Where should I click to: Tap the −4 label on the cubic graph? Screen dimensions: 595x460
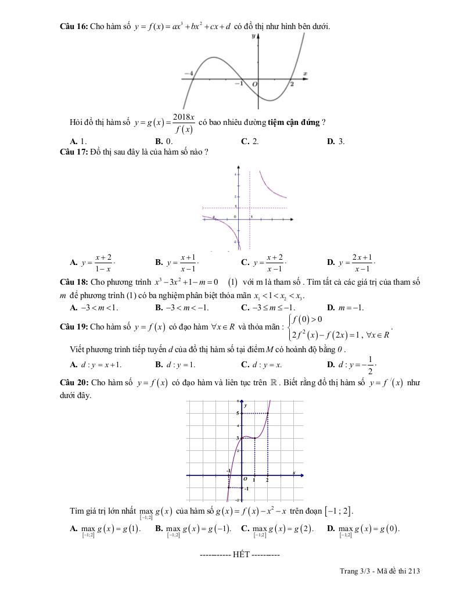(188, 74)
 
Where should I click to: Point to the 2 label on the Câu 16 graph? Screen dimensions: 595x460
(292, 84)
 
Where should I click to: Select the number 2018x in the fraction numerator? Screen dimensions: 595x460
(183, 117)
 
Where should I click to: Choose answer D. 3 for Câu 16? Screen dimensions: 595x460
(336, 141)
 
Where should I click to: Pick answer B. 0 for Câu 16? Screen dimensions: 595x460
(164, 141)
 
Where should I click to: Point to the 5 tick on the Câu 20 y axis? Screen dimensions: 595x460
(237, 413)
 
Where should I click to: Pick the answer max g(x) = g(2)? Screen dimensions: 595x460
(276, 529)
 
